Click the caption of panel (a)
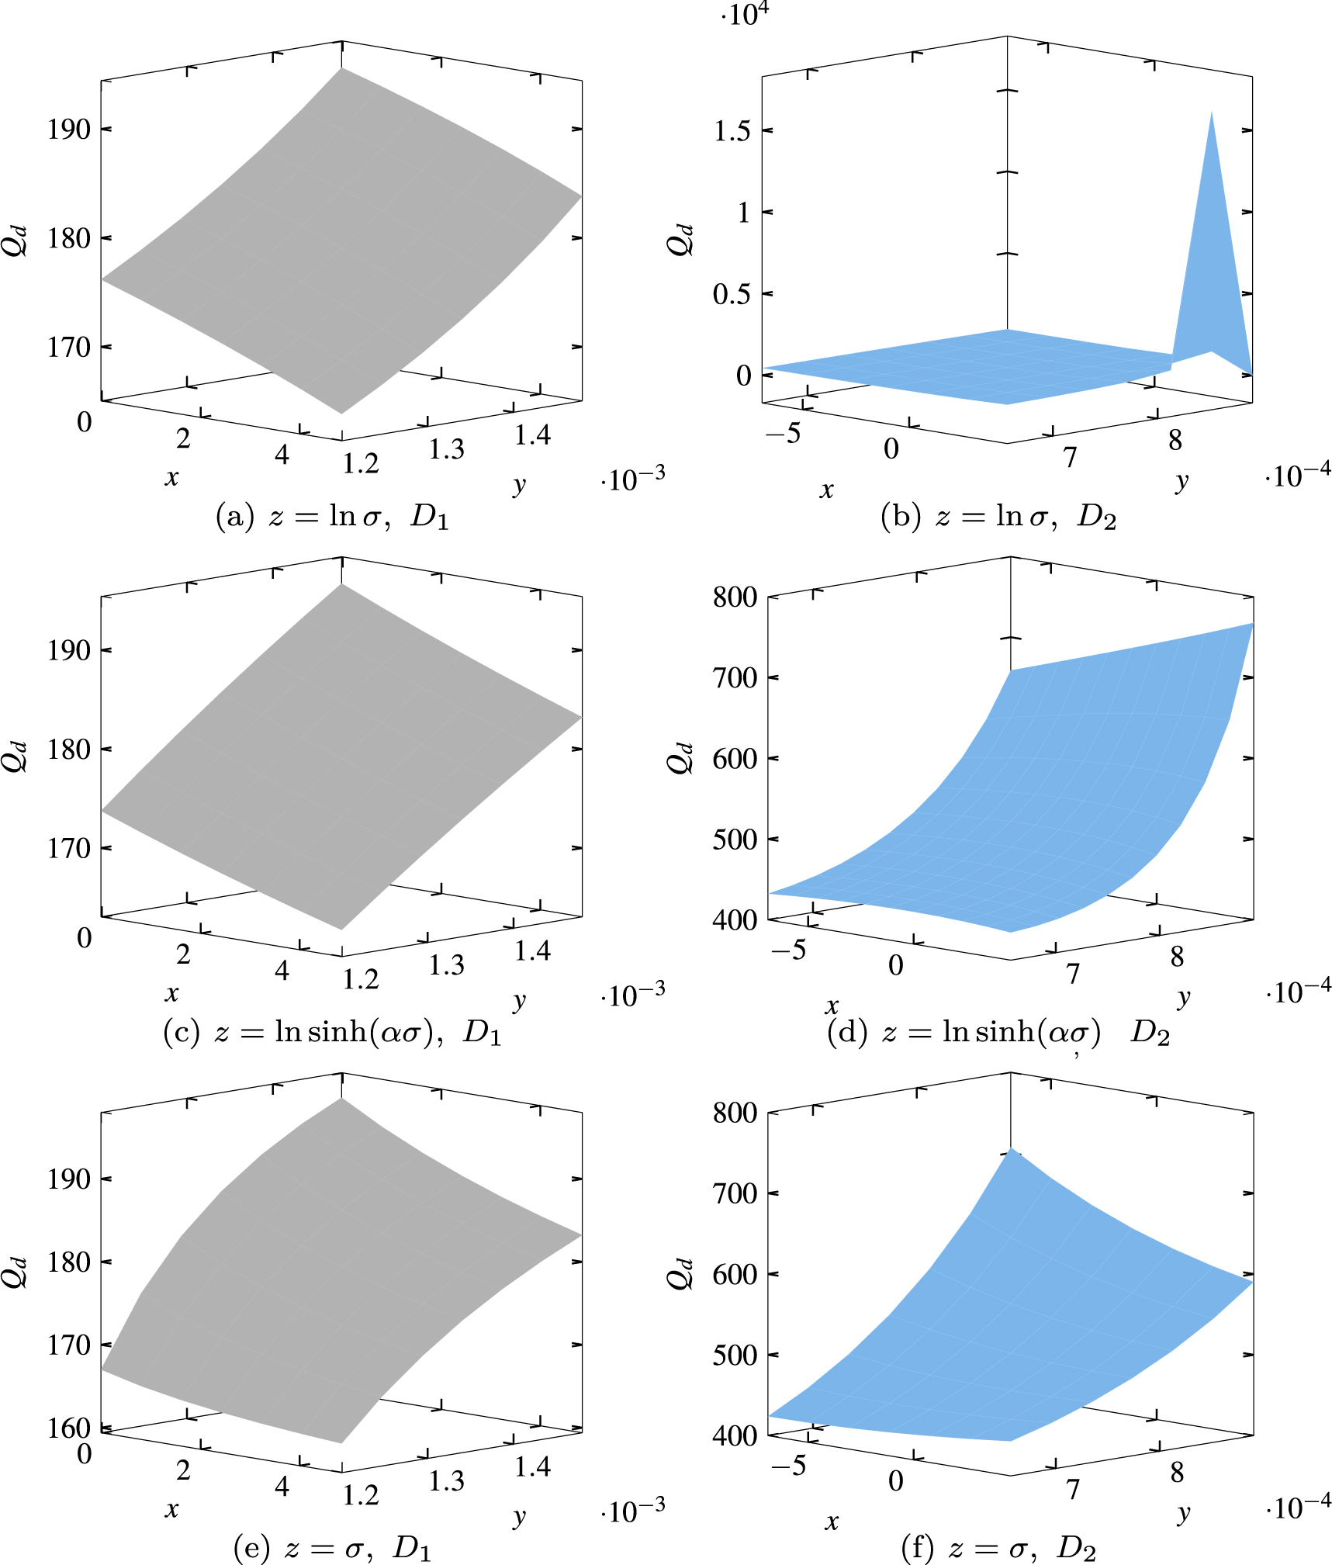pos(332,517)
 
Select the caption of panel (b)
pos(998,517)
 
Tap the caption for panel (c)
pos(332,1033)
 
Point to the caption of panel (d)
pos(998,1033)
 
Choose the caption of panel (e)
pos(332,1549)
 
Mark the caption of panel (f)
pos(998,1549)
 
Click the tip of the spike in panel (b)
pos(1211,113)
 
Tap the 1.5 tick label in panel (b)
pos(732,131)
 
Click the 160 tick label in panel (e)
pos(69,1428)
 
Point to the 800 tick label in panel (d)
pos(735,597)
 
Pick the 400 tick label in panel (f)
pos(735,1436)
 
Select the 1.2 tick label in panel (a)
pos(361,463)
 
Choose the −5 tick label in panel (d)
pos(788,950)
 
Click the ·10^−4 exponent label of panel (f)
pos(1298,1508)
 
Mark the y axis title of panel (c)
pos(519,1000)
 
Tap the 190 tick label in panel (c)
pos(69,650)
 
